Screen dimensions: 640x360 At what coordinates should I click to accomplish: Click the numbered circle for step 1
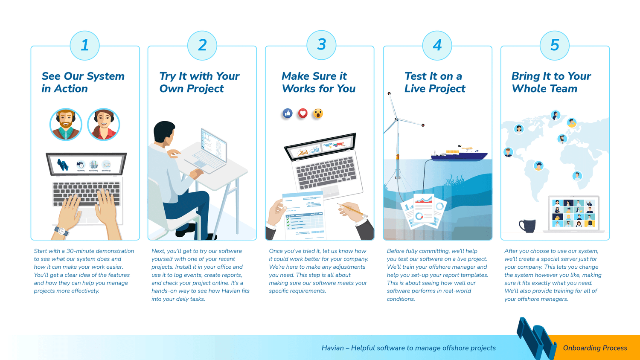click(x=84, y=46)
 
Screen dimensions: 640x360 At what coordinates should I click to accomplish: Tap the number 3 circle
click(x=321, y=45)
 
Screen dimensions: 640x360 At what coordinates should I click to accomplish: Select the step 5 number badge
click(x=555, y=46)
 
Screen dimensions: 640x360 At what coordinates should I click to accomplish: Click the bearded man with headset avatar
click(x=66, y=124)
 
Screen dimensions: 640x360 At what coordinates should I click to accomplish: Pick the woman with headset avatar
click(x=103, y=124)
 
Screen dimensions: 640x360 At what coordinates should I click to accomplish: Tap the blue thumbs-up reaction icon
click(x=288, y=113)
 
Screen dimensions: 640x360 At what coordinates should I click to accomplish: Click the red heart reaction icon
click(x=303, y=113)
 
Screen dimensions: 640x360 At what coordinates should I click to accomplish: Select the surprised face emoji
click(x=318, y=113)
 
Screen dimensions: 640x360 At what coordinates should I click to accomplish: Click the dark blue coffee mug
click(x=527, y=226)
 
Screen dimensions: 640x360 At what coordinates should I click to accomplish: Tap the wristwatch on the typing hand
click(x=61, y=231)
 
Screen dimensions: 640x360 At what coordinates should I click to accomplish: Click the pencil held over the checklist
click(x=352, y=210)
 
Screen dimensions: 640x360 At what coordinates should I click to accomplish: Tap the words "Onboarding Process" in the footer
click(x=595, y=348)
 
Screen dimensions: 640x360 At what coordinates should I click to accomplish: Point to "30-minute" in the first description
click(x=80, y=251)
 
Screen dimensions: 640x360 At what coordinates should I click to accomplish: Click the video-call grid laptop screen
click(x=573, y=213)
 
